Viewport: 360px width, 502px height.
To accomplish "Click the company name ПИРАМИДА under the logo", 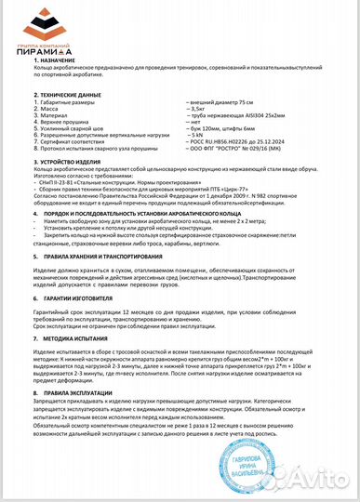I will click(39, 50).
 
